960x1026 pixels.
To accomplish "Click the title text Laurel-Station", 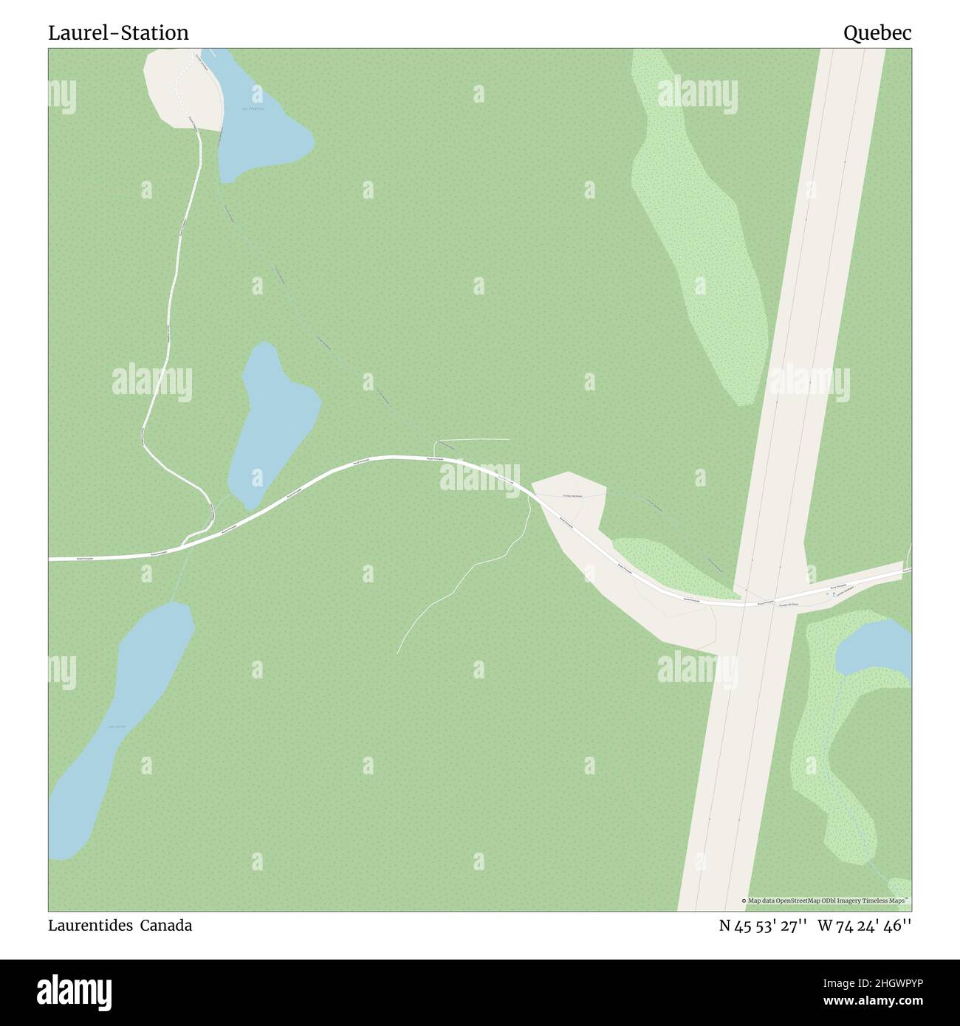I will click(118, 33).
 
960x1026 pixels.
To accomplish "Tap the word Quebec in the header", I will click(877, 33).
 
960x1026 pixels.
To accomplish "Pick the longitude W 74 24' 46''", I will click(865, 926).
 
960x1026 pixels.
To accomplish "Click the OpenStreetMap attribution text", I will click(826, 901).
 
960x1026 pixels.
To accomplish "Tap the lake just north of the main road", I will click(272, 421).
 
